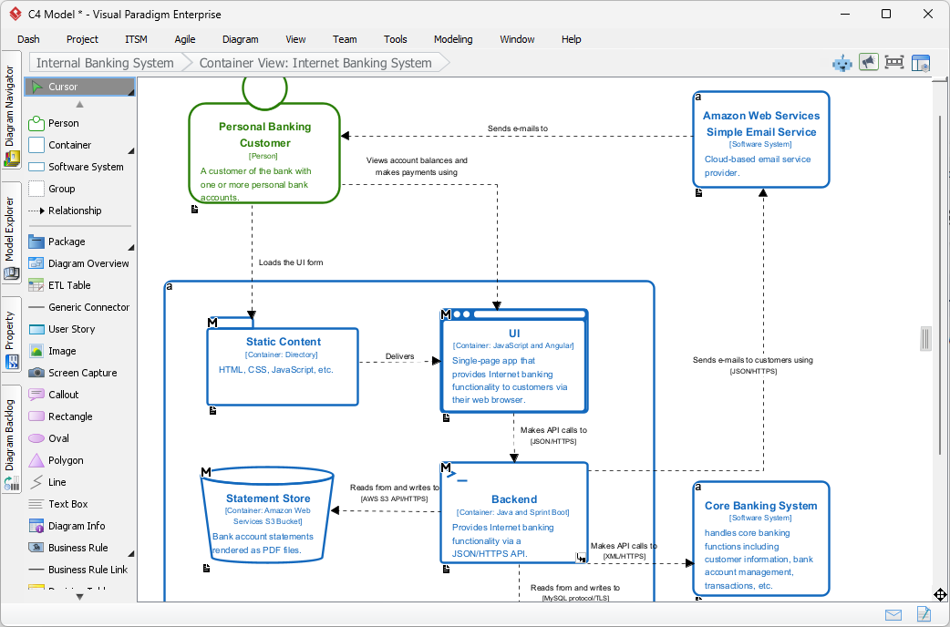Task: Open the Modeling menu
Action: [453, 39]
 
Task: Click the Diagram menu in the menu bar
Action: [241, 39]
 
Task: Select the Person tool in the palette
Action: [63, 123]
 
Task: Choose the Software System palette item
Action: [86, 167]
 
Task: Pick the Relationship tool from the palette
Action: [75, 211]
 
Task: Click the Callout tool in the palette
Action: [64, 395]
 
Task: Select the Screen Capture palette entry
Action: [82, 373]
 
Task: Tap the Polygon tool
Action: [66, 460]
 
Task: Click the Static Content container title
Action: [284, 342]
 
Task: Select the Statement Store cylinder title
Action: [268, 499]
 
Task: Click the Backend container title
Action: [514, 499]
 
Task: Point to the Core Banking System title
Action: [761, 506]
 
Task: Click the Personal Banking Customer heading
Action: [264, 135]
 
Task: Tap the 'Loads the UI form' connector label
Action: [291, 262]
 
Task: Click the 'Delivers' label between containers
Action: [399, 356]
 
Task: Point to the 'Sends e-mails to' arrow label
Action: [518, 128]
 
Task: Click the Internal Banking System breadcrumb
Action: [105, 63]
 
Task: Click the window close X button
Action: [928, 14]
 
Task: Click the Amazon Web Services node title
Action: [761, 124]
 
